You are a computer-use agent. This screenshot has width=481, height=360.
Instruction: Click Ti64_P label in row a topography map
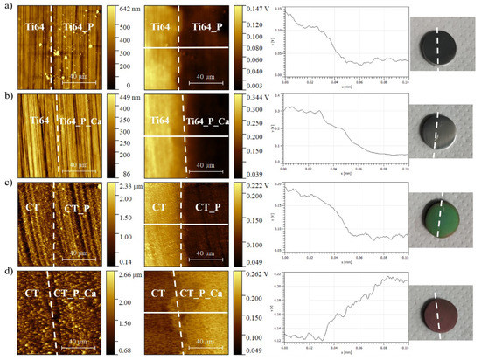[x=79, y=28]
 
